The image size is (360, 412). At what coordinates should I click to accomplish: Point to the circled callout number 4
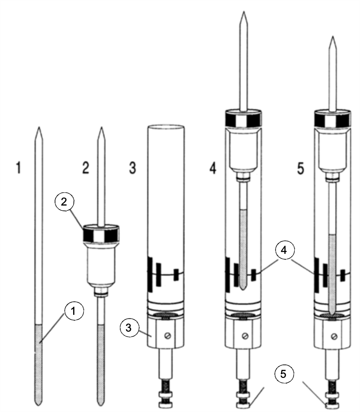(x=284, y=250)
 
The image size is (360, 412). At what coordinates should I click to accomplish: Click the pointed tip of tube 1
(x=39, y=128)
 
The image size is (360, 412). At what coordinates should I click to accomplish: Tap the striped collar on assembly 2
(x=101, y=234)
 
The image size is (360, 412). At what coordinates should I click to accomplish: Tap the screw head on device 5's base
(x=334, y=336)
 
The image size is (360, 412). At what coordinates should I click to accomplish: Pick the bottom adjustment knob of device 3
(x=166, y=406)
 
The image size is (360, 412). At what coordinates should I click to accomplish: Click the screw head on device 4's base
(x=245, y=336)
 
